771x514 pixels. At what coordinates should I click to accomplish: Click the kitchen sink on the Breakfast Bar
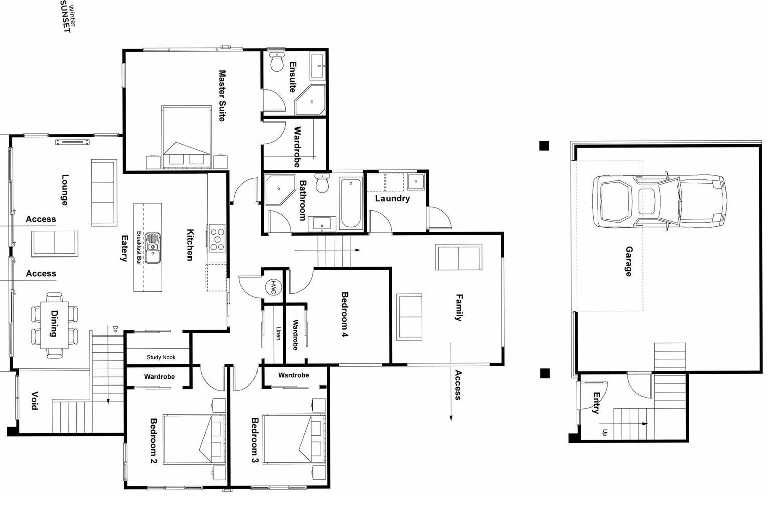pyautogui.click(x=152, y=247)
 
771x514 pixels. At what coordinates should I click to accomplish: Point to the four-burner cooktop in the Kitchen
pyautogui.click(x=217, y=239)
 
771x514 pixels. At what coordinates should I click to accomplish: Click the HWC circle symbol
pyautogui.click(x=273, y=288)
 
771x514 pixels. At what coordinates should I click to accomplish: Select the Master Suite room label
pyautogui.click(x=222, y=95)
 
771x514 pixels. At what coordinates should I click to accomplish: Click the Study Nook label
pyautogui.click(x=161, y=357)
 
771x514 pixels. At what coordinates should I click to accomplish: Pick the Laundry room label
pyautogui.click(x=392, y=198)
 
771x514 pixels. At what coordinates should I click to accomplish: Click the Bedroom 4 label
pyautogui.click(x=344, y=314)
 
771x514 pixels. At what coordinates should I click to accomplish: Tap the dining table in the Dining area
pyautogui.click(x=54, y=325)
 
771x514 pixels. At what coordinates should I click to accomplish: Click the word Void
pyautogui.click(x=34, y=400)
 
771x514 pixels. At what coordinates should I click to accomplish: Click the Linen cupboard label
pyautogui.click(x=278, y=333)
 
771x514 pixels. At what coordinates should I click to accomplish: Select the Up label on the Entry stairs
pyautogui.click(x=604, y=432)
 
